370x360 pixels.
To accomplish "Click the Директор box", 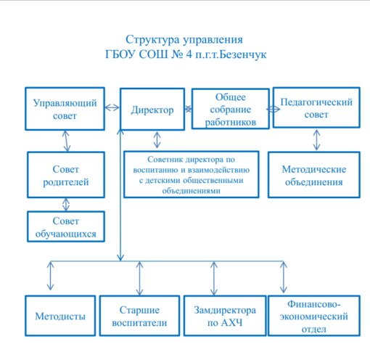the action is [x=152, y=110].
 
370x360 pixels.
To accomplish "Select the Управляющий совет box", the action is [x=65, y=109].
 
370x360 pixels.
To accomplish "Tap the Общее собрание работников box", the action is [x=231, y=109].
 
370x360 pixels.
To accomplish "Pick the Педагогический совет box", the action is [x=316, y=107].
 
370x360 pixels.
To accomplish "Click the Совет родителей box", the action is [x=66, y=175].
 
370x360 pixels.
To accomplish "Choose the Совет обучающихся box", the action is [x=66, y=226].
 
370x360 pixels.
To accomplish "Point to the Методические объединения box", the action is [x=314, y=175].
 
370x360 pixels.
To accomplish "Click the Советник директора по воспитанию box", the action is [x=192, y=175].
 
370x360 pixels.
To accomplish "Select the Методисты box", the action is [x=60, y=316].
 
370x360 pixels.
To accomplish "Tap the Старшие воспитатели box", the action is [x=139, y=316].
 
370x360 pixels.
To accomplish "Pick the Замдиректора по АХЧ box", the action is [x=225, y=316].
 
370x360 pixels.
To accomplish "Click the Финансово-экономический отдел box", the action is [x=314, y=316].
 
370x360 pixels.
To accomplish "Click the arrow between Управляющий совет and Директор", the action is [x=112, y=107].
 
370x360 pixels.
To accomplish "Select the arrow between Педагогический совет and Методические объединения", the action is [x=316, y=140].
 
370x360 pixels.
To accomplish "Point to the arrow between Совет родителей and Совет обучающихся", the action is [x=66, y=205].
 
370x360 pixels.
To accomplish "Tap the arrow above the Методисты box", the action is [x=50, y=276].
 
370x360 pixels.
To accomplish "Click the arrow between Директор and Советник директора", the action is [x=157, y=140].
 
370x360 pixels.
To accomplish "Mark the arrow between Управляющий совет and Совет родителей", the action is [x=66, y=141].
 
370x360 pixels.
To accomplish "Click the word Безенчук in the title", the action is [x=243, y=54].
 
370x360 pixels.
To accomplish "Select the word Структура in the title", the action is [x=152, y=40].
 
